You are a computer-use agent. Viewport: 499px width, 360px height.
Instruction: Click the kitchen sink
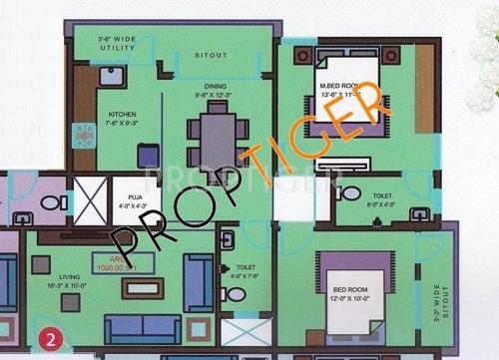point(112,81)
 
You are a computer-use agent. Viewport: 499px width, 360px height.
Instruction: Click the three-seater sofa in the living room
point(143,327)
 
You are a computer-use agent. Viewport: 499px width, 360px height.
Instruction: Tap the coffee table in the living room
point(142,287)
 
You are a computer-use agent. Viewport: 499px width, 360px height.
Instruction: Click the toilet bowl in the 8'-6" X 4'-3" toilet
point(350,192)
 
